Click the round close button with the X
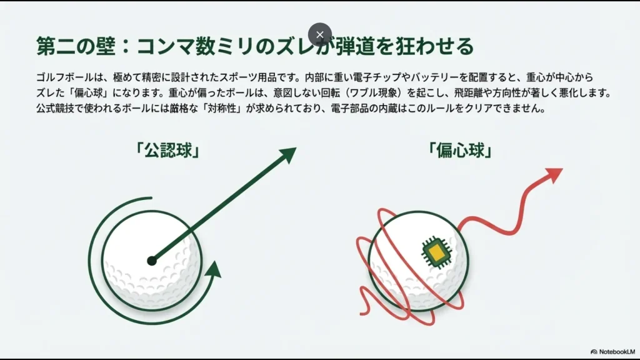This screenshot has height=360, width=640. [x=320, y=34]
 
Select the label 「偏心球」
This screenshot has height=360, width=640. [x=457, y=150]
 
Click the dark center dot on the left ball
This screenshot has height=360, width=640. [x=152, y=260]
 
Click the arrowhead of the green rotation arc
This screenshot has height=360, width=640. [x=214, y=270]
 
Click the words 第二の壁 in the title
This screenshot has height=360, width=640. [x=68, y=47]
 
